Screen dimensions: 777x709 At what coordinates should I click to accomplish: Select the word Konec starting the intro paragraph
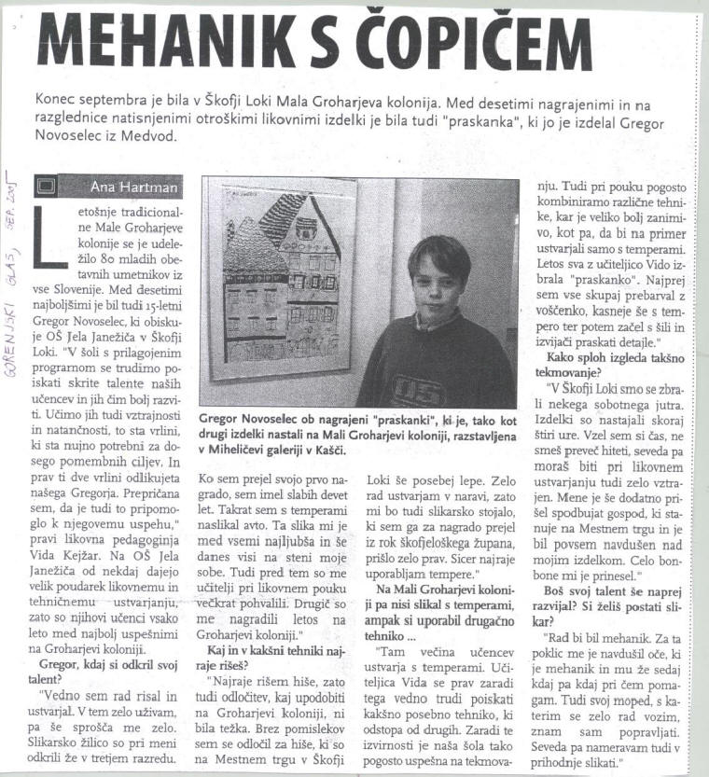(57, 99)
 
